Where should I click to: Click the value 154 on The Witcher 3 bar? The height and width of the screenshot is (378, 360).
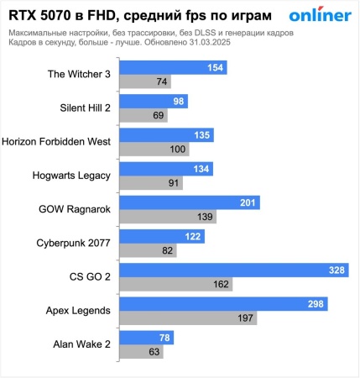(215, 67)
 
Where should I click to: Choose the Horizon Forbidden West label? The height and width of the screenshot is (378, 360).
(57, 141)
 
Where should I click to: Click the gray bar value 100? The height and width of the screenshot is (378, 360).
(178, 149)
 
